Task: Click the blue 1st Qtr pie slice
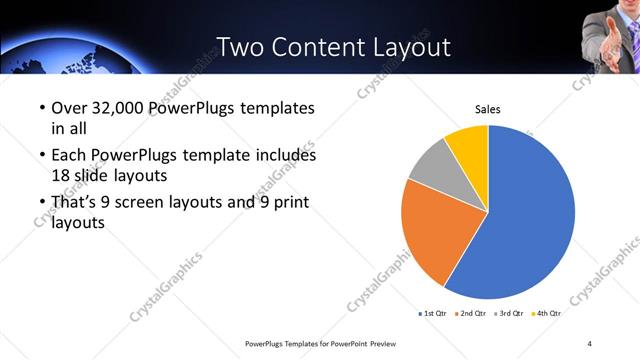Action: (530, 215)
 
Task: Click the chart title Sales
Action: (487, 109)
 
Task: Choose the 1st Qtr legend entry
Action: (433, 313)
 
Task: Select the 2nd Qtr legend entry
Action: (472, 313)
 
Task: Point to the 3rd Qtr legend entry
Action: (510, 313)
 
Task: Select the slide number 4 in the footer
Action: (590, 343)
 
